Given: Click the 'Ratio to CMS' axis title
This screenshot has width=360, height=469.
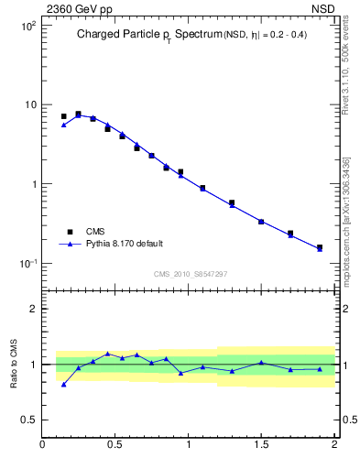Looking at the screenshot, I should (15, 364).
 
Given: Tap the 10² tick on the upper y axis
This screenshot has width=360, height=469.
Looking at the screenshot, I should (28, 26).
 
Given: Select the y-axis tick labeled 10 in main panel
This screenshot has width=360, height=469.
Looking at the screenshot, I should (29, 104).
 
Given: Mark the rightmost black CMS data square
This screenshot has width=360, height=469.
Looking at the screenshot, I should (320, 247).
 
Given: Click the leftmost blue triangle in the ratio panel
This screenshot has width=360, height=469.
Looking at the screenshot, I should (63, 384).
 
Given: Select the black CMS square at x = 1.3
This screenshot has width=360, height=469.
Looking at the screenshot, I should (232, 202).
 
